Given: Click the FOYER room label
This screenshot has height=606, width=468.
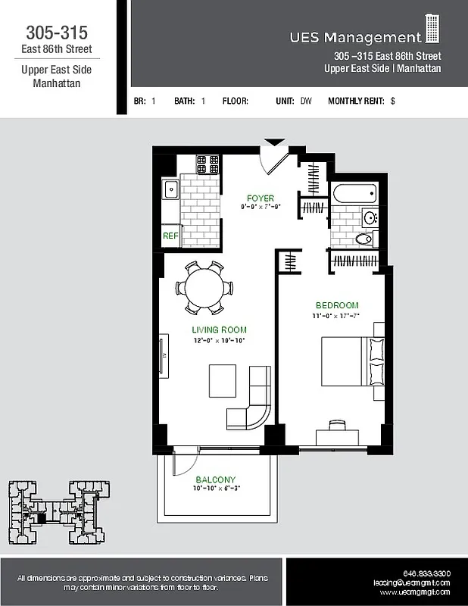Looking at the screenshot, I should (x=260, y=198).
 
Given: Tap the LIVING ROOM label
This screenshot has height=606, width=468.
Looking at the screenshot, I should (x=219, y=330).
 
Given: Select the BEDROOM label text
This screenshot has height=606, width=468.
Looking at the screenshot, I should (x=337, y=305).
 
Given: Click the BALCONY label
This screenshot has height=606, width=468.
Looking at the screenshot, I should (x=215, y=479).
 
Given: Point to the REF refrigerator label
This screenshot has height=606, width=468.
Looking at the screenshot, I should (x=170, y=236).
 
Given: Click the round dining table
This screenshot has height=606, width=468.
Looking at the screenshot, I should (x=204, y=288).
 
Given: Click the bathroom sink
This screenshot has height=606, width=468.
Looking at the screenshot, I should (x=370, y=218).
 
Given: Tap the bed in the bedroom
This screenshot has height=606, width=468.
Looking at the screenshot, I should (x=352, y=361).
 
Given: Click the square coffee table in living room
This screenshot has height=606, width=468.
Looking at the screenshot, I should (x=223, y=380).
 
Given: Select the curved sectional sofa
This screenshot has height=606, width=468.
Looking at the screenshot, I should (x=254, y=401).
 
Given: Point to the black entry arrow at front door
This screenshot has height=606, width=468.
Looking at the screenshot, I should (x=274, y=142).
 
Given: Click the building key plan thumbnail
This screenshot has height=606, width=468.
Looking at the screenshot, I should (x=58, y=514).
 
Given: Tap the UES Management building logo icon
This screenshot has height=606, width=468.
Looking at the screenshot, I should (x=432, y=29).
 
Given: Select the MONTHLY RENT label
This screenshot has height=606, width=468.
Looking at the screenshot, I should (x=356, y=101).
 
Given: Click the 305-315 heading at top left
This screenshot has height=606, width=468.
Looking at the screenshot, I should (x=57, y=33).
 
